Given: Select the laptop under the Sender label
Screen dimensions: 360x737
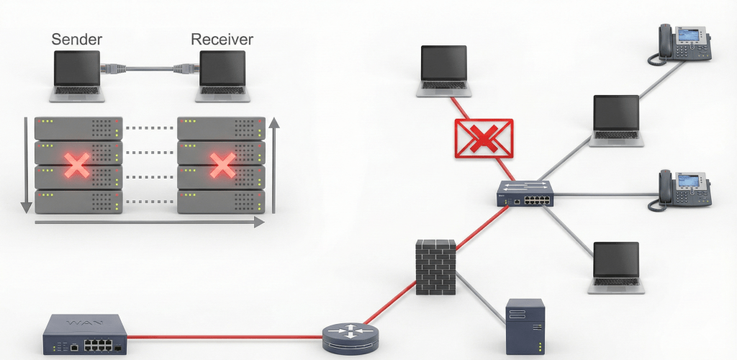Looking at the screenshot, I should coord(78,76).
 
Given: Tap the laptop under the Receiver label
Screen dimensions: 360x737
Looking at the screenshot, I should coord(222,76).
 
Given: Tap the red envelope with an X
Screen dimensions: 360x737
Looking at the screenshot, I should coord(484,138).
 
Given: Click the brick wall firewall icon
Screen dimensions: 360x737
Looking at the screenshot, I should coord(436,266).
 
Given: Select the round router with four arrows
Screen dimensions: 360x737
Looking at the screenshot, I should coord(351,335).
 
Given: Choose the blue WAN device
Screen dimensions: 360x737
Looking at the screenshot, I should coord(85,335).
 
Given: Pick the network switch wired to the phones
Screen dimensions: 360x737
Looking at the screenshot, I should coord(525,194).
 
